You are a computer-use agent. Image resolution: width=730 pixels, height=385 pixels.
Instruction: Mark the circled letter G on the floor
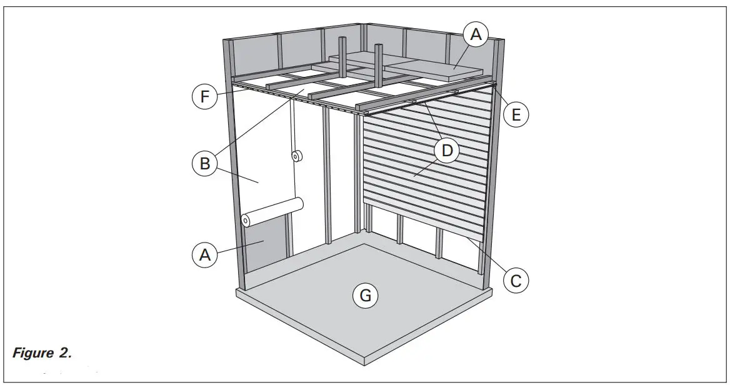(366, 294)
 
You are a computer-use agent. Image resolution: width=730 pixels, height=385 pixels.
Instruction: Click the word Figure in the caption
(32, 353)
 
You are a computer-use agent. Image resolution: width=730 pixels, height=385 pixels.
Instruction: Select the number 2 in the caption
(64, 353)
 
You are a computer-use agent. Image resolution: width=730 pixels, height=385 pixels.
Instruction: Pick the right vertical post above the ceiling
(378, 62)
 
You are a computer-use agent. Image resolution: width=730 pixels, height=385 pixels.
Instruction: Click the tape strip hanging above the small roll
(292, 125)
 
